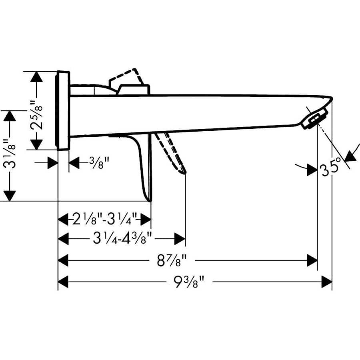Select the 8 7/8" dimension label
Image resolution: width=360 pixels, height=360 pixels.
[171, 261]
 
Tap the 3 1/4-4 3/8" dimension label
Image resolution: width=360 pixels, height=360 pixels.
[122, 239]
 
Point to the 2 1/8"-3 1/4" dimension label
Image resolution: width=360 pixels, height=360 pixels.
[105, 219]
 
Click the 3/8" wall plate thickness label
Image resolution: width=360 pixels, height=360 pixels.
[94, 163]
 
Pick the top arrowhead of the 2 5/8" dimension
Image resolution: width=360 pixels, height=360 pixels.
[37, 77]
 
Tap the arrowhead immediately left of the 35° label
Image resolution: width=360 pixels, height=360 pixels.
[312, 170]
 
